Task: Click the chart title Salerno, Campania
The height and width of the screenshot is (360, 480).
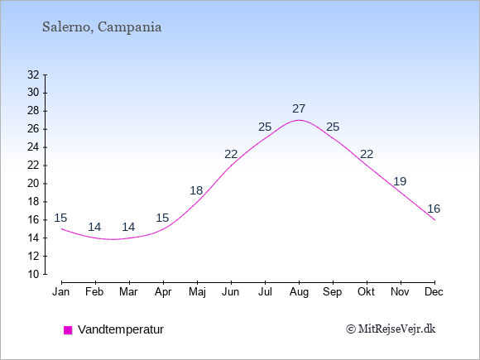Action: [x=102, y=27]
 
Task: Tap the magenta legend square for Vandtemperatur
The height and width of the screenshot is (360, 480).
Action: [x=68, y=330]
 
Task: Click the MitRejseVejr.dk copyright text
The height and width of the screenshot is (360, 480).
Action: [x=391, y=329]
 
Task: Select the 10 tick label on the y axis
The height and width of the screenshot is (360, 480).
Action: [x=33, y=274]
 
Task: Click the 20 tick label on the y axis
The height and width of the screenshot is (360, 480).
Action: [x=33, y=184]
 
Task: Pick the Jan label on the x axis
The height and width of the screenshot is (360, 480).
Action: [x=61, y=292]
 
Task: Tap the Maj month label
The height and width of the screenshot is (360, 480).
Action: [x=197, y=292]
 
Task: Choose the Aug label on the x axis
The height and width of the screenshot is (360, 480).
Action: [x=299, y=292]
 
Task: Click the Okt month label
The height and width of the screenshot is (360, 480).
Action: [x=366, y=292]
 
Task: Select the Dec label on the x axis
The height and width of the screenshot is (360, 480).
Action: [x=434, y=292]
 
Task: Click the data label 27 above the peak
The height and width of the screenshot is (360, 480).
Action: [x=299, y=108]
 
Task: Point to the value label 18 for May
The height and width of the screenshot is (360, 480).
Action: [x=196, y=190]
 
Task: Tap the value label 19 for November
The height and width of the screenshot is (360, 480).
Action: [x=400, y=181]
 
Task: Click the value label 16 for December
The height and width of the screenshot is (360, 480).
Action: [x=434, y=209]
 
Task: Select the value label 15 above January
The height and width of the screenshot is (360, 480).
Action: [x=60, y=218]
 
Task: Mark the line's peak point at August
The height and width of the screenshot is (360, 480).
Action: [x=299, y=120]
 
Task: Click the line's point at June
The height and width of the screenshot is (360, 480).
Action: [x=231, y=166]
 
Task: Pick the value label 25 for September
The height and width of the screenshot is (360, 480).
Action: [x=333, y=127]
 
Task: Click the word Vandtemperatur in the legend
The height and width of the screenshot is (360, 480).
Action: [x=121, y=329]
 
